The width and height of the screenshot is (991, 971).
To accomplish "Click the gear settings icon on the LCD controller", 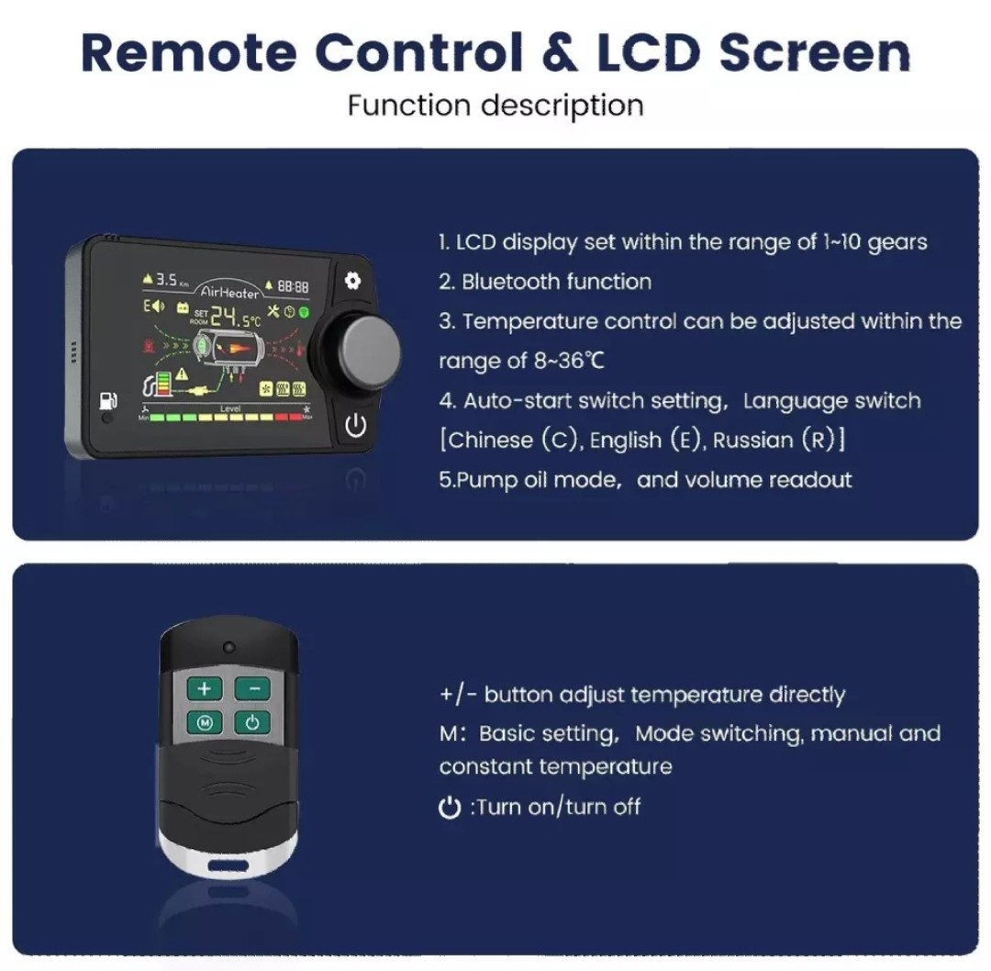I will tap(353, 281).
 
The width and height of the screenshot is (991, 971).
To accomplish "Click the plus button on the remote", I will tap(204, 688).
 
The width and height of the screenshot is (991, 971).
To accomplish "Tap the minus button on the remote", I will tap(252, 688).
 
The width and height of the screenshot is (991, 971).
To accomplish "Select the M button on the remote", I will tap(205, 723).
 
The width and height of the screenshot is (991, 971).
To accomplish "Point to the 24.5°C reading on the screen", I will tap(234, 318).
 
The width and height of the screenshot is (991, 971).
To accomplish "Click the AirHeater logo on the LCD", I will tap(229, 291).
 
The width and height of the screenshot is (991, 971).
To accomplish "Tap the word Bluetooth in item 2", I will tap(513, 282).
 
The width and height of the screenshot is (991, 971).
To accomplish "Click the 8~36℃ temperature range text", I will tap(570, 361).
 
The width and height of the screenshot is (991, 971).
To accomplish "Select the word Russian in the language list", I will tap(753, 440).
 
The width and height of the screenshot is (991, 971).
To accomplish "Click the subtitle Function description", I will tap(495, 105).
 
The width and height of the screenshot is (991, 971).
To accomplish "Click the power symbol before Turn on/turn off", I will tap(450, 809).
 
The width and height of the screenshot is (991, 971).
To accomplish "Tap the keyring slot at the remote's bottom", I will tap(227, 865).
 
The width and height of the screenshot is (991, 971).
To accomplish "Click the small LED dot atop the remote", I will tap(227, 646).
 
